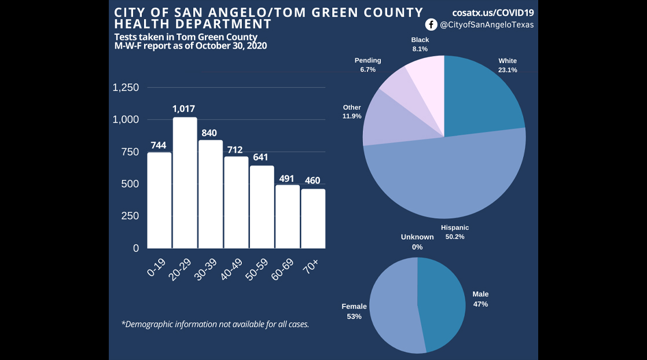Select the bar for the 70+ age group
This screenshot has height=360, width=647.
point(313,219)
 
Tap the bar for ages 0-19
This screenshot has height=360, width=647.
point(159,200)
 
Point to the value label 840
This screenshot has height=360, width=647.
point(209,133)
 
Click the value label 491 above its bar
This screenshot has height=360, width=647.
point(287,179)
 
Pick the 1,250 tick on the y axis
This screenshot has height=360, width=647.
point(126,88)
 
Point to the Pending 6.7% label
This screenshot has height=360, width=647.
point(367,65)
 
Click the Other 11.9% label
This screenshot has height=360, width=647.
point(352,112)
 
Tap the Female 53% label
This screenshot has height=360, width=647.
point(354,311)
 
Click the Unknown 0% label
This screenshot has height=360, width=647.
point(417,242)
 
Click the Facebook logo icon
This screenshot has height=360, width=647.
point(431,24)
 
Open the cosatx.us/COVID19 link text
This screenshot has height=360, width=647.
point(493,12)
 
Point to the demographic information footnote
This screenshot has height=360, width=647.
point(215,324)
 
